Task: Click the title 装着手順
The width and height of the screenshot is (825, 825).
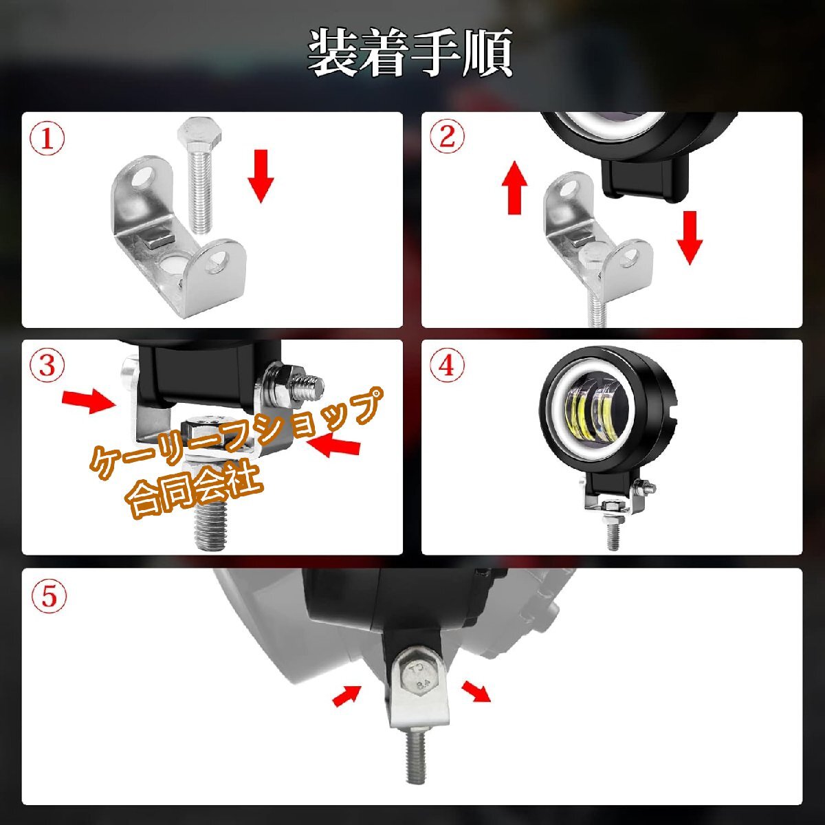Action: point(410,52)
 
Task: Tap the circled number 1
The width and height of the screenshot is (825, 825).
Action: point(47,139)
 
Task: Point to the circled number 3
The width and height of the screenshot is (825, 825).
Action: point(47,366)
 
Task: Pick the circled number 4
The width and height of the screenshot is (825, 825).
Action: point(447,365)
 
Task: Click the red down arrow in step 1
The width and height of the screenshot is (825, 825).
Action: point(261,175)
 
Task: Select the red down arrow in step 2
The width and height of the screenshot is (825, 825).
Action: point(690,236)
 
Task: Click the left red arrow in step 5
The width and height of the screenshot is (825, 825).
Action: point(347,696)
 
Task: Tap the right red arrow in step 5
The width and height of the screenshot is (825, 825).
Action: point(476,690)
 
